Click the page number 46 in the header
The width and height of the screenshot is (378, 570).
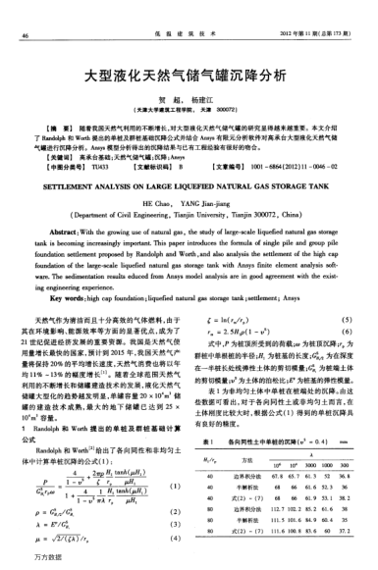[24, 10]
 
